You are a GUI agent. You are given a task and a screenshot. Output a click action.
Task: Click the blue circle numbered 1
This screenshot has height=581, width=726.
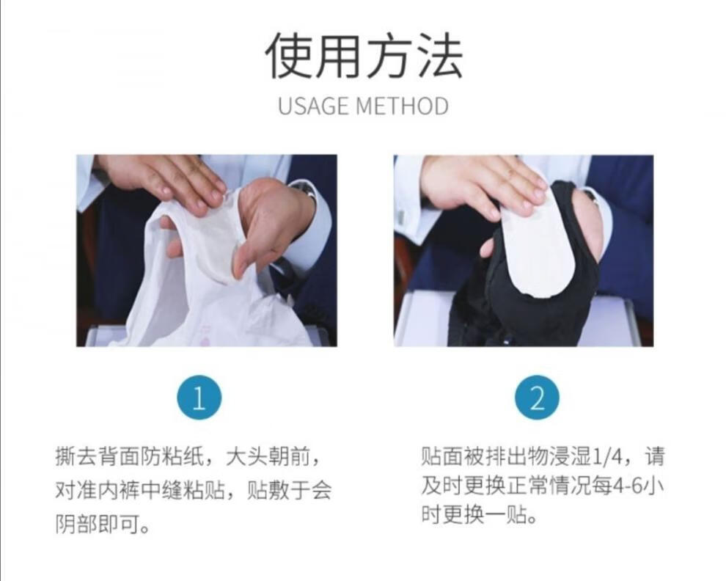tap(199, 397)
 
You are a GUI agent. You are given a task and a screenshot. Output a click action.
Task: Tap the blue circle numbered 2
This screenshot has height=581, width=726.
tap(537, 397)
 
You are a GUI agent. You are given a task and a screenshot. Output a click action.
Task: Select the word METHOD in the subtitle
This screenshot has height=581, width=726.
tap(402, 106)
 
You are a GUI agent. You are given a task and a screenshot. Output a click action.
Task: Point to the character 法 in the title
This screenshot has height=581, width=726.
tap(439, 56)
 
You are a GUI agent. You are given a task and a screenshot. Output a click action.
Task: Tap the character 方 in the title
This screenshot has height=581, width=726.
tap(389, 56)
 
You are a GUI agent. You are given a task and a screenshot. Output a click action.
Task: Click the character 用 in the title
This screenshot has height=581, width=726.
tap(340, 56)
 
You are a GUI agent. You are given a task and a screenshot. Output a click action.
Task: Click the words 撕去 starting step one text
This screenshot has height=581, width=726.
tap(76, 457)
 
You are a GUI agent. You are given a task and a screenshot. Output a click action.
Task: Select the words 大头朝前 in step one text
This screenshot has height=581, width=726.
tap(268, 457)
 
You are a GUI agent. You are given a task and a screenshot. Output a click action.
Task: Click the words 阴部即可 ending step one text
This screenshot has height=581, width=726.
tap(98, 524)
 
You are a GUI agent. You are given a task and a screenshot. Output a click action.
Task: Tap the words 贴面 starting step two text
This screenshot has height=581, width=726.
tap(442, 457)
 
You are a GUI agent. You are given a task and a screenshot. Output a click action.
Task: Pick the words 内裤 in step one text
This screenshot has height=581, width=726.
tap(119, 490)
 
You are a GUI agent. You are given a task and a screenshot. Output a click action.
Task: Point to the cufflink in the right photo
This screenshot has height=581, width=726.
tap(400, 217)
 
